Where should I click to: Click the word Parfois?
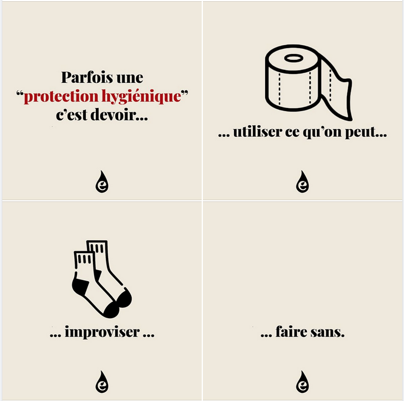click(87, 77)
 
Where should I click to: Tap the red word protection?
click(61, 97)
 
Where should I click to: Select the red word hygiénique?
click(141, 97)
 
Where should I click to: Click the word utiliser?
click(258, 132)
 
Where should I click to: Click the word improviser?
click(102, 332)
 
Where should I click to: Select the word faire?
click(292, 332)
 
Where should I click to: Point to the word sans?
click(327, 332)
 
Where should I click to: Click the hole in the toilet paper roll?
click(293, 58)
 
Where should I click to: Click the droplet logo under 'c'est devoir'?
click(102, 181)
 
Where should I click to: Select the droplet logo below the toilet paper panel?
click(302, 181)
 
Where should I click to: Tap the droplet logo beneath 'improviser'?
click(102, 382)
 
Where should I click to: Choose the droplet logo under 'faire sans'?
click(302, 382)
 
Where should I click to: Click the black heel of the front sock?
click(79, 285)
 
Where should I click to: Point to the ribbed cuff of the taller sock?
click(97, 248)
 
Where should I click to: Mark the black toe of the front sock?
click(111, 310)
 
